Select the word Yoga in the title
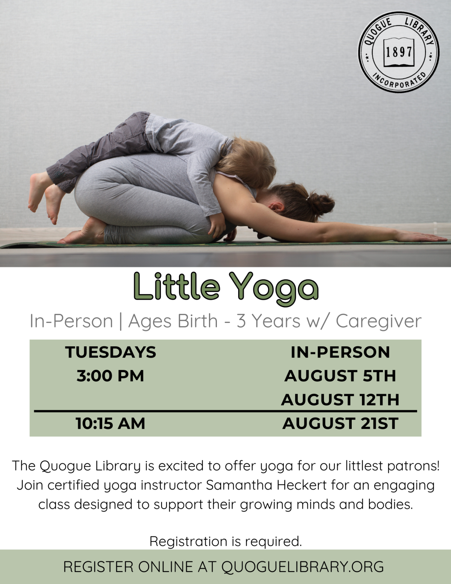point(274,288)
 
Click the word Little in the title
point(176,287)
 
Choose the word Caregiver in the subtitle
point(378,322)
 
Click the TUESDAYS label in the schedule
point(110,352)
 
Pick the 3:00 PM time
point(110,376)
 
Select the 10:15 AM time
point(110,423)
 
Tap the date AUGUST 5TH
point(340,376)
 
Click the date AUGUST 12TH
point(340,400)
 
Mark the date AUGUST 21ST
point(340,423)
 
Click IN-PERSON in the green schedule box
point(340,352)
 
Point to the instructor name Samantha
point(239,485)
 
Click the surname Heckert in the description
point(302,485)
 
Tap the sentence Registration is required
point(225,542)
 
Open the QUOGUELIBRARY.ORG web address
point(303,567)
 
